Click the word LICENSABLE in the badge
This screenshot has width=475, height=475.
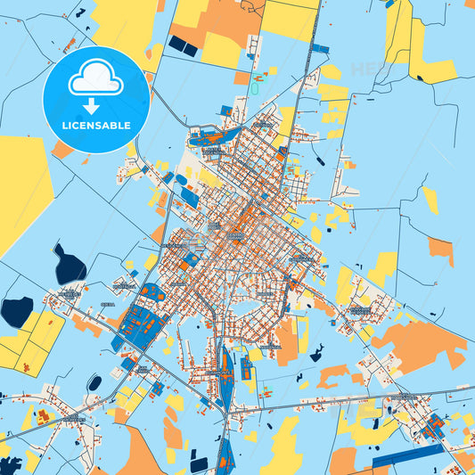tap(96, 126)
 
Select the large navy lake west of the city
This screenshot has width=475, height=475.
tap(69, 265)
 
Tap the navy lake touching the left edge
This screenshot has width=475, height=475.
tap(15, 311)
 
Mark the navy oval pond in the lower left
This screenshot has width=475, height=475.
tap(94, 383)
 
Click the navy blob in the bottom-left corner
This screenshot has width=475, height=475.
tap(10, 466)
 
